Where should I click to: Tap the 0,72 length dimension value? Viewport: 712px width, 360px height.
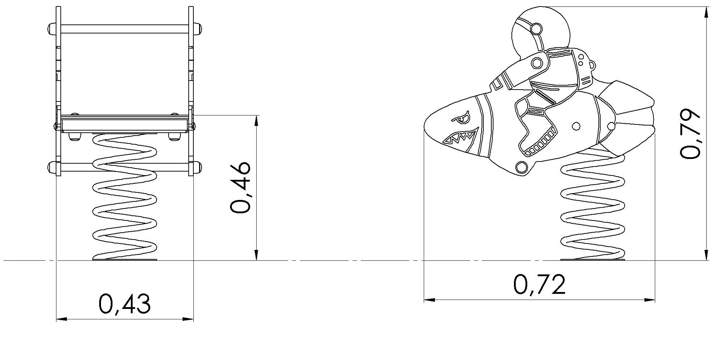click(x=539, y=284)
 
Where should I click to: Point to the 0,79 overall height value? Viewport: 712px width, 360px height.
click(x=690, y=133)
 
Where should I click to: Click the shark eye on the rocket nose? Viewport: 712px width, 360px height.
click(x=460, y=117)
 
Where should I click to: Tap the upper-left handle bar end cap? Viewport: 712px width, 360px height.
click(x=51, y=28)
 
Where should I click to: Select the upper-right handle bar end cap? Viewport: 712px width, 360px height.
click(x=198, y=28)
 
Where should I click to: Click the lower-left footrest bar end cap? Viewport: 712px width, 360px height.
click(x=51, y=167)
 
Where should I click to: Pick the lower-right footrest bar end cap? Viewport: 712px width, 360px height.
click(x=198, y=167)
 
